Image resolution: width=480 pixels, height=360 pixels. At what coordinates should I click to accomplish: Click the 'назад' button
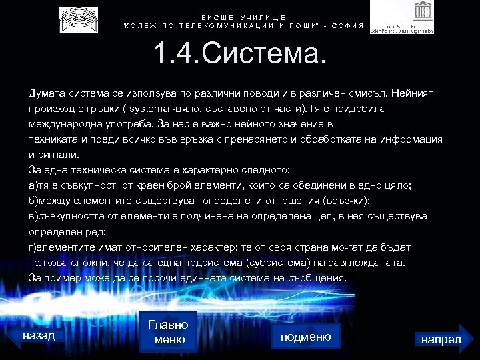coord(39,335)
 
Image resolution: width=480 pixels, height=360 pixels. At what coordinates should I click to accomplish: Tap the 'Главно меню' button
coord(168,332)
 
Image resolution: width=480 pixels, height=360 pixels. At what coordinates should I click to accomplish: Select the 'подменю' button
coord(306,337)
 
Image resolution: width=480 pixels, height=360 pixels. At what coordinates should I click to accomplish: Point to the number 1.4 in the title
coord(175,55)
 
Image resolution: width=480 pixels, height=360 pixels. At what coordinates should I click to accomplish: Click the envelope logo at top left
coord(78,21)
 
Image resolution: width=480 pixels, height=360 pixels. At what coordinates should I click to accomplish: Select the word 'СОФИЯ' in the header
coord(349,26)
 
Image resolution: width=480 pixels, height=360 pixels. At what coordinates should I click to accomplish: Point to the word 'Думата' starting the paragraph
coord(44,93)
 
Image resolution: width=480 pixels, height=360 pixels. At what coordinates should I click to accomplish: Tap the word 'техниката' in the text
coord(51,139)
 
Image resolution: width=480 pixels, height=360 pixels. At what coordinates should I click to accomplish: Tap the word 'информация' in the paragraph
coord(415,139)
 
